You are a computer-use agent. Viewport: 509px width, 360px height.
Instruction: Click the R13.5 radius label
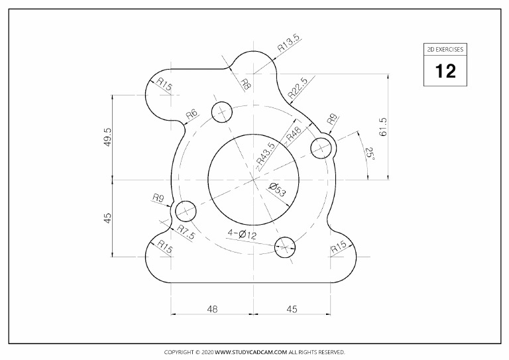[288, 44]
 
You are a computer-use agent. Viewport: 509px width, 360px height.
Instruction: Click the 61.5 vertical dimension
[383, 126]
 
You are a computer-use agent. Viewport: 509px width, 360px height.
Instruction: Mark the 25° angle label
[369, 156]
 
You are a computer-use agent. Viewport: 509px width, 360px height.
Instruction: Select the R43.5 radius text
[266, 154]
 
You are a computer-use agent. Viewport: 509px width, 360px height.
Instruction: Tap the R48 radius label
[294, 133]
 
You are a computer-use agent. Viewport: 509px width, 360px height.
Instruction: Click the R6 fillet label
[192, 115]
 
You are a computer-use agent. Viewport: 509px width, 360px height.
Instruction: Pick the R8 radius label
[245, 84]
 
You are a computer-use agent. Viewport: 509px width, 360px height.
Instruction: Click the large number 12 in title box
[445, 71]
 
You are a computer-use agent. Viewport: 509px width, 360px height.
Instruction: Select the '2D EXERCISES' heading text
[445, 49]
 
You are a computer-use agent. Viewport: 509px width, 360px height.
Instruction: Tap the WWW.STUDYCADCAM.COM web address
[251, 352]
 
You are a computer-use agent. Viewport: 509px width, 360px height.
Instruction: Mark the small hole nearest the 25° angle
[321, 148]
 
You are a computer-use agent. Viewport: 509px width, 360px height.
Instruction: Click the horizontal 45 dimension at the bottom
[291, 309]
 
